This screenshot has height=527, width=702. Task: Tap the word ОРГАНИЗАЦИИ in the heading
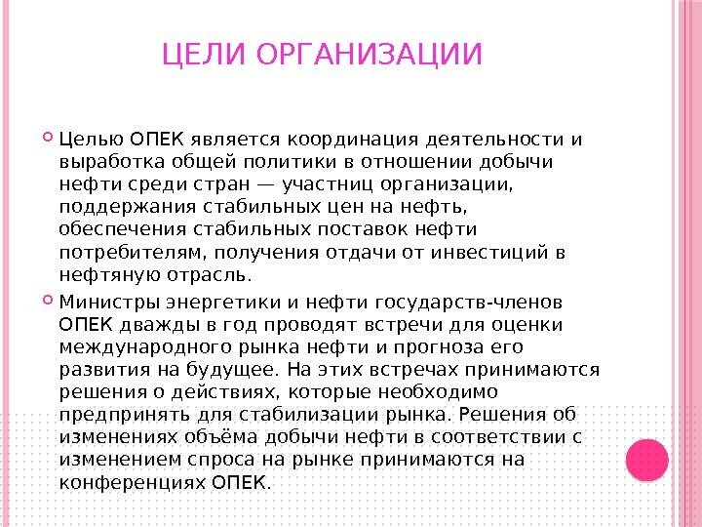(x=369, y=54)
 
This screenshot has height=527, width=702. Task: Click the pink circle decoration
(x=647, y=460)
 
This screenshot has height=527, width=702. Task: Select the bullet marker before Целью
(x=48, y=137)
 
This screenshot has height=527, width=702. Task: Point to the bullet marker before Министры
(x=48, y=300)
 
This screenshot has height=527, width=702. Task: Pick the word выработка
(x=112, y=162)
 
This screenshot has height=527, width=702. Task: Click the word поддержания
(x=128, y=208)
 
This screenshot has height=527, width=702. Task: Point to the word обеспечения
(x=123, y=229)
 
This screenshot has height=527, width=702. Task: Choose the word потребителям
(x=133, y=253)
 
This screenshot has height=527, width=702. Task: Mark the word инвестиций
(x=489, y=253)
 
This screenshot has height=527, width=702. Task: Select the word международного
(x=145, y=348)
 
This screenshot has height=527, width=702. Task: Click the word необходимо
(x=438, y=392)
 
